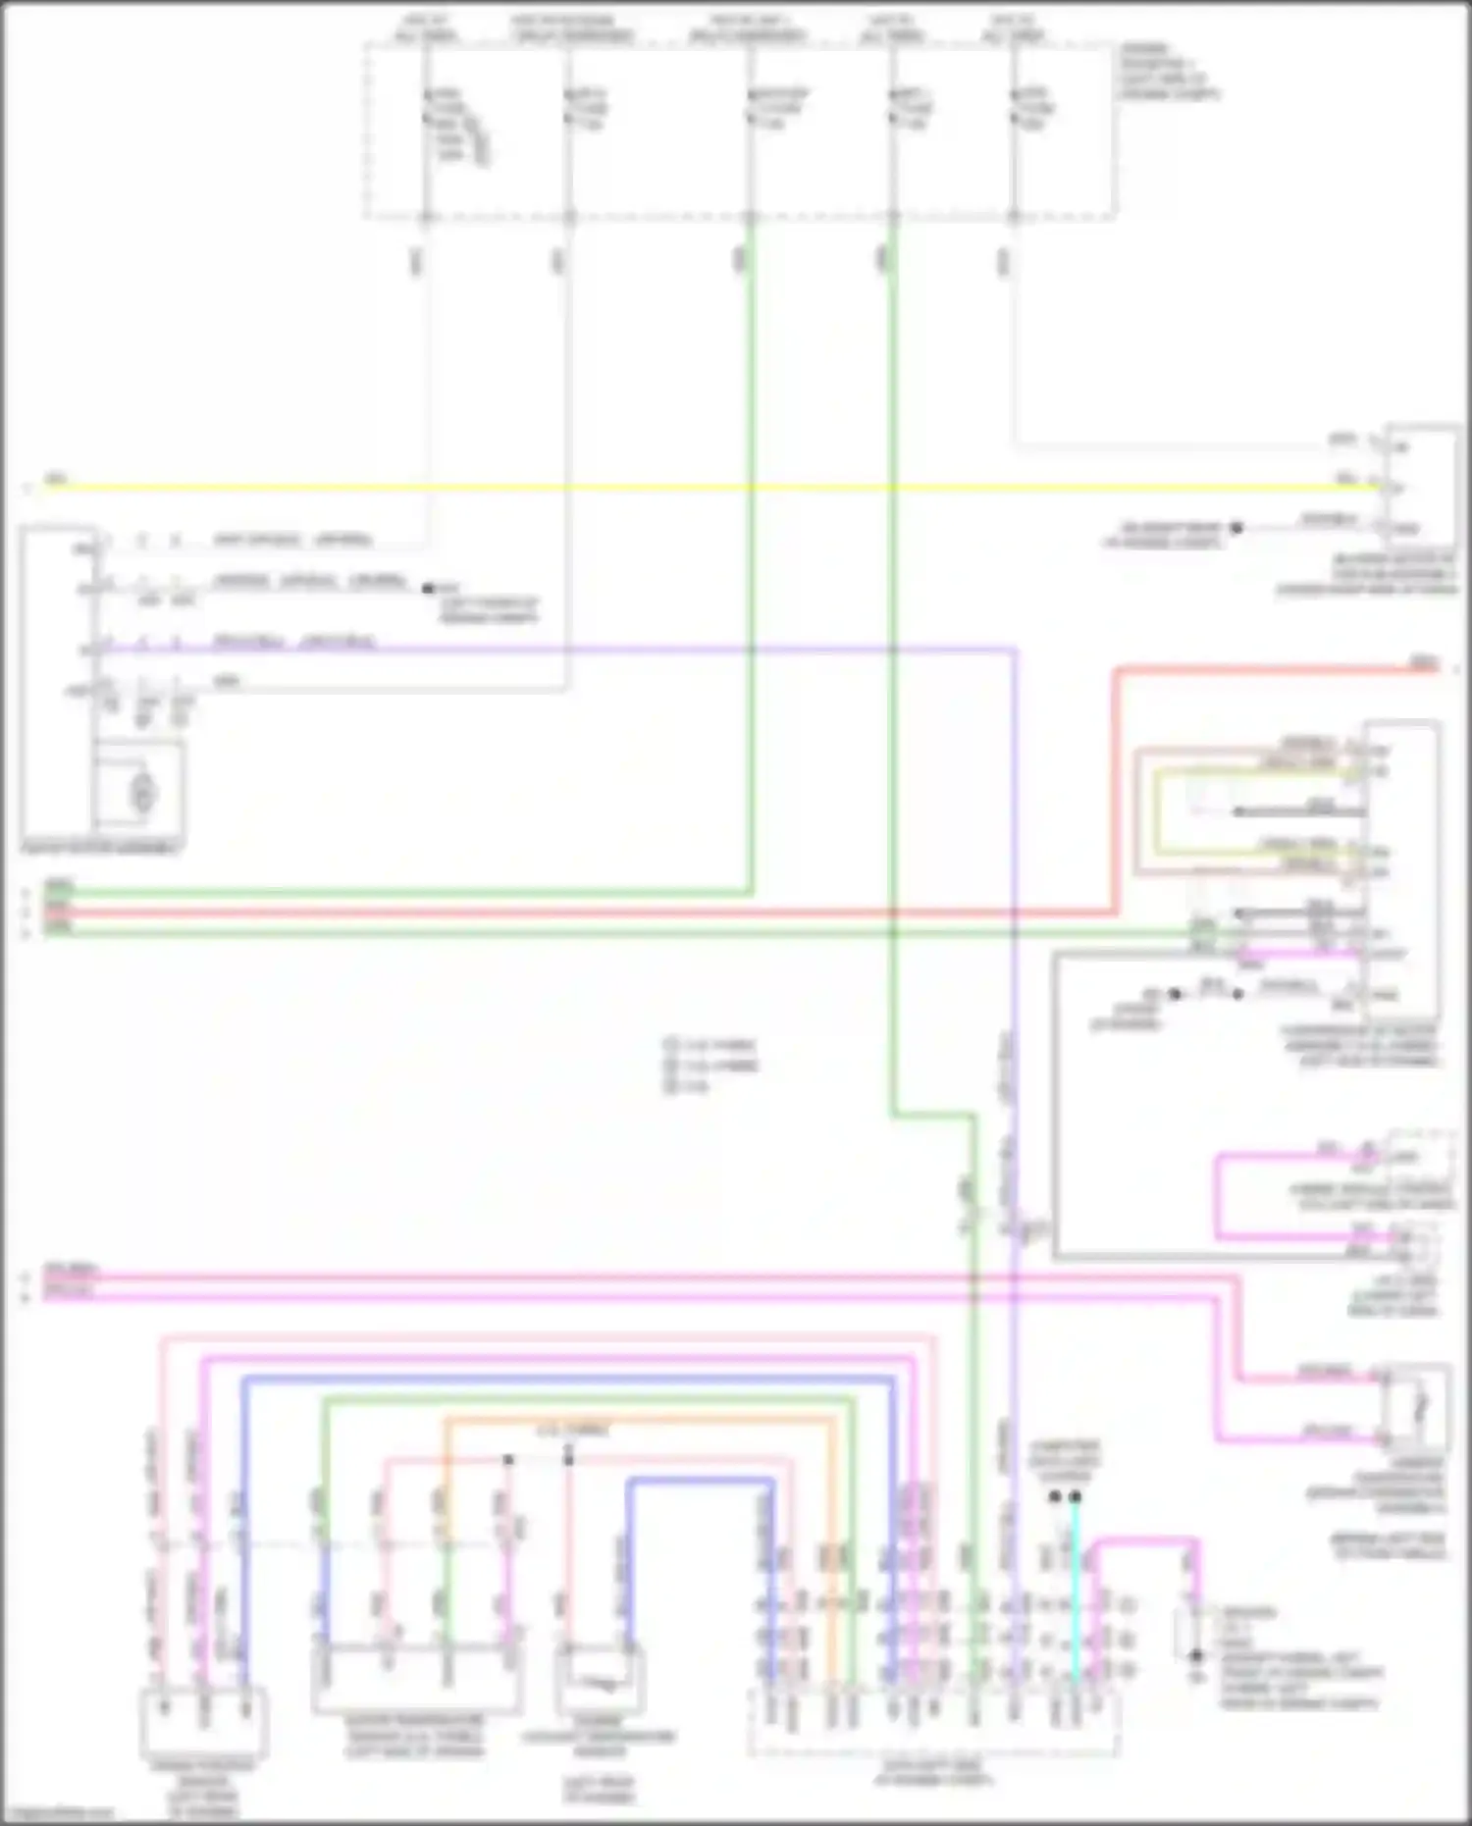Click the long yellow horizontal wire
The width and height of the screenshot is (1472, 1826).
687,488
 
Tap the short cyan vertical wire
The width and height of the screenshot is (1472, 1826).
1076,1590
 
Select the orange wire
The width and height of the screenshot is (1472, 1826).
638,1420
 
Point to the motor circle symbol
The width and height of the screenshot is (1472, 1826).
144,790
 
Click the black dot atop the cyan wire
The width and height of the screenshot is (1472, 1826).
1076,1497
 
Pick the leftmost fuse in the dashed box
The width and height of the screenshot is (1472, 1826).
426,108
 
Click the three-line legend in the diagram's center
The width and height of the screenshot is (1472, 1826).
710,1066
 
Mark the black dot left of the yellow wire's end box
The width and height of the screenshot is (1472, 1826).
1236,528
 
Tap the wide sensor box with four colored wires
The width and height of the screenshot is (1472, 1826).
417,1679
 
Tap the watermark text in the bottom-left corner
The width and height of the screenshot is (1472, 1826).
59,1813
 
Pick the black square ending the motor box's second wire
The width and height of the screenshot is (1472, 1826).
428,589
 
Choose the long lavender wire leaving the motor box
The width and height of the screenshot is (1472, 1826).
589,649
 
